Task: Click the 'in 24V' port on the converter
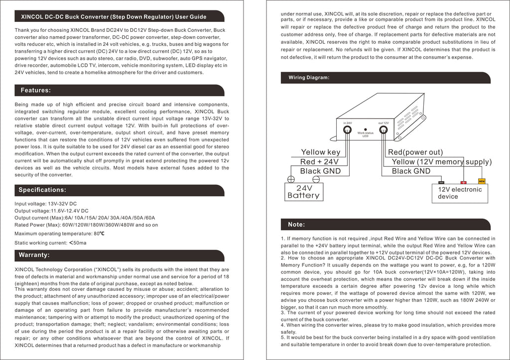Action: [x=347, y=131]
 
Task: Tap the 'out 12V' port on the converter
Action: [x=383, y=131]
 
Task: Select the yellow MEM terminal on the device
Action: [x=482, y=181]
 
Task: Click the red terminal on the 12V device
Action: [x=464, y=183]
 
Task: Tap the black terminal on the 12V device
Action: [x=441, y=183]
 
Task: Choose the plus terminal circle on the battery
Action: [x=291, y=180]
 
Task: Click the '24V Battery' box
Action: [x=303, y=192]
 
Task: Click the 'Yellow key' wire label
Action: [x=321, y=152]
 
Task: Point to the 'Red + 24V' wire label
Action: [x=319, y=162]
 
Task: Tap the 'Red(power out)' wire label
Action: [x=415, y=152]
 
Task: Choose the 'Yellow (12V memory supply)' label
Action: [x=441, y=162]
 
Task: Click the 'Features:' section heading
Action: [x=35, y=91]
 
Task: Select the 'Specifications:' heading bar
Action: [x=42, y=190]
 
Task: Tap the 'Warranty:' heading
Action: [x=34, y=255]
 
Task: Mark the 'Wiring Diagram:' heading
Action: [x=309, y=78]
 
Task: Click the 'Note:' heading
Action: [x=296, y=225]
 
